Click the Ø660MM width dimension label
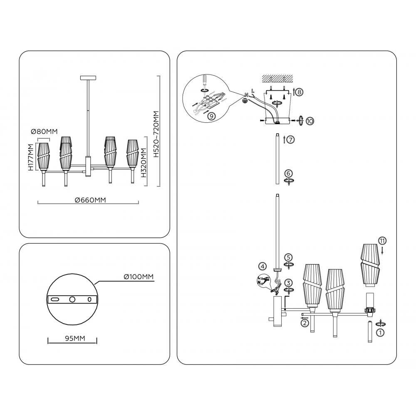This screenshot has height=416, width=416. pos(90,200)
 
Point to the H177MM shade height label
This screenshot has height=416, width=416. pos(30,158)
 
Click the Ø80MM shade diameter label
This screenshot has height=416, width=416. pos(44,132)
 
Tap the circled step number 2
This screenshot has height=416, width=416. pos(305,322)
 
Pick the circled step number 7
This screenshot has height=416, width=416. pos(290,140)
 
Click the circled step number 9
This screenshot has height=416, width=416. pos(211,116)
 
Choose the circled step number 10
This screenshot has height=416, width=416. pos(310,121)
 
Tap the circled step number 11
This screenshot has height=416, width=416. pos(382,240)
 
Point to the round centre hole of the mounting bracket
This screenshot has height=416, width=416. pos(72,300)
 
